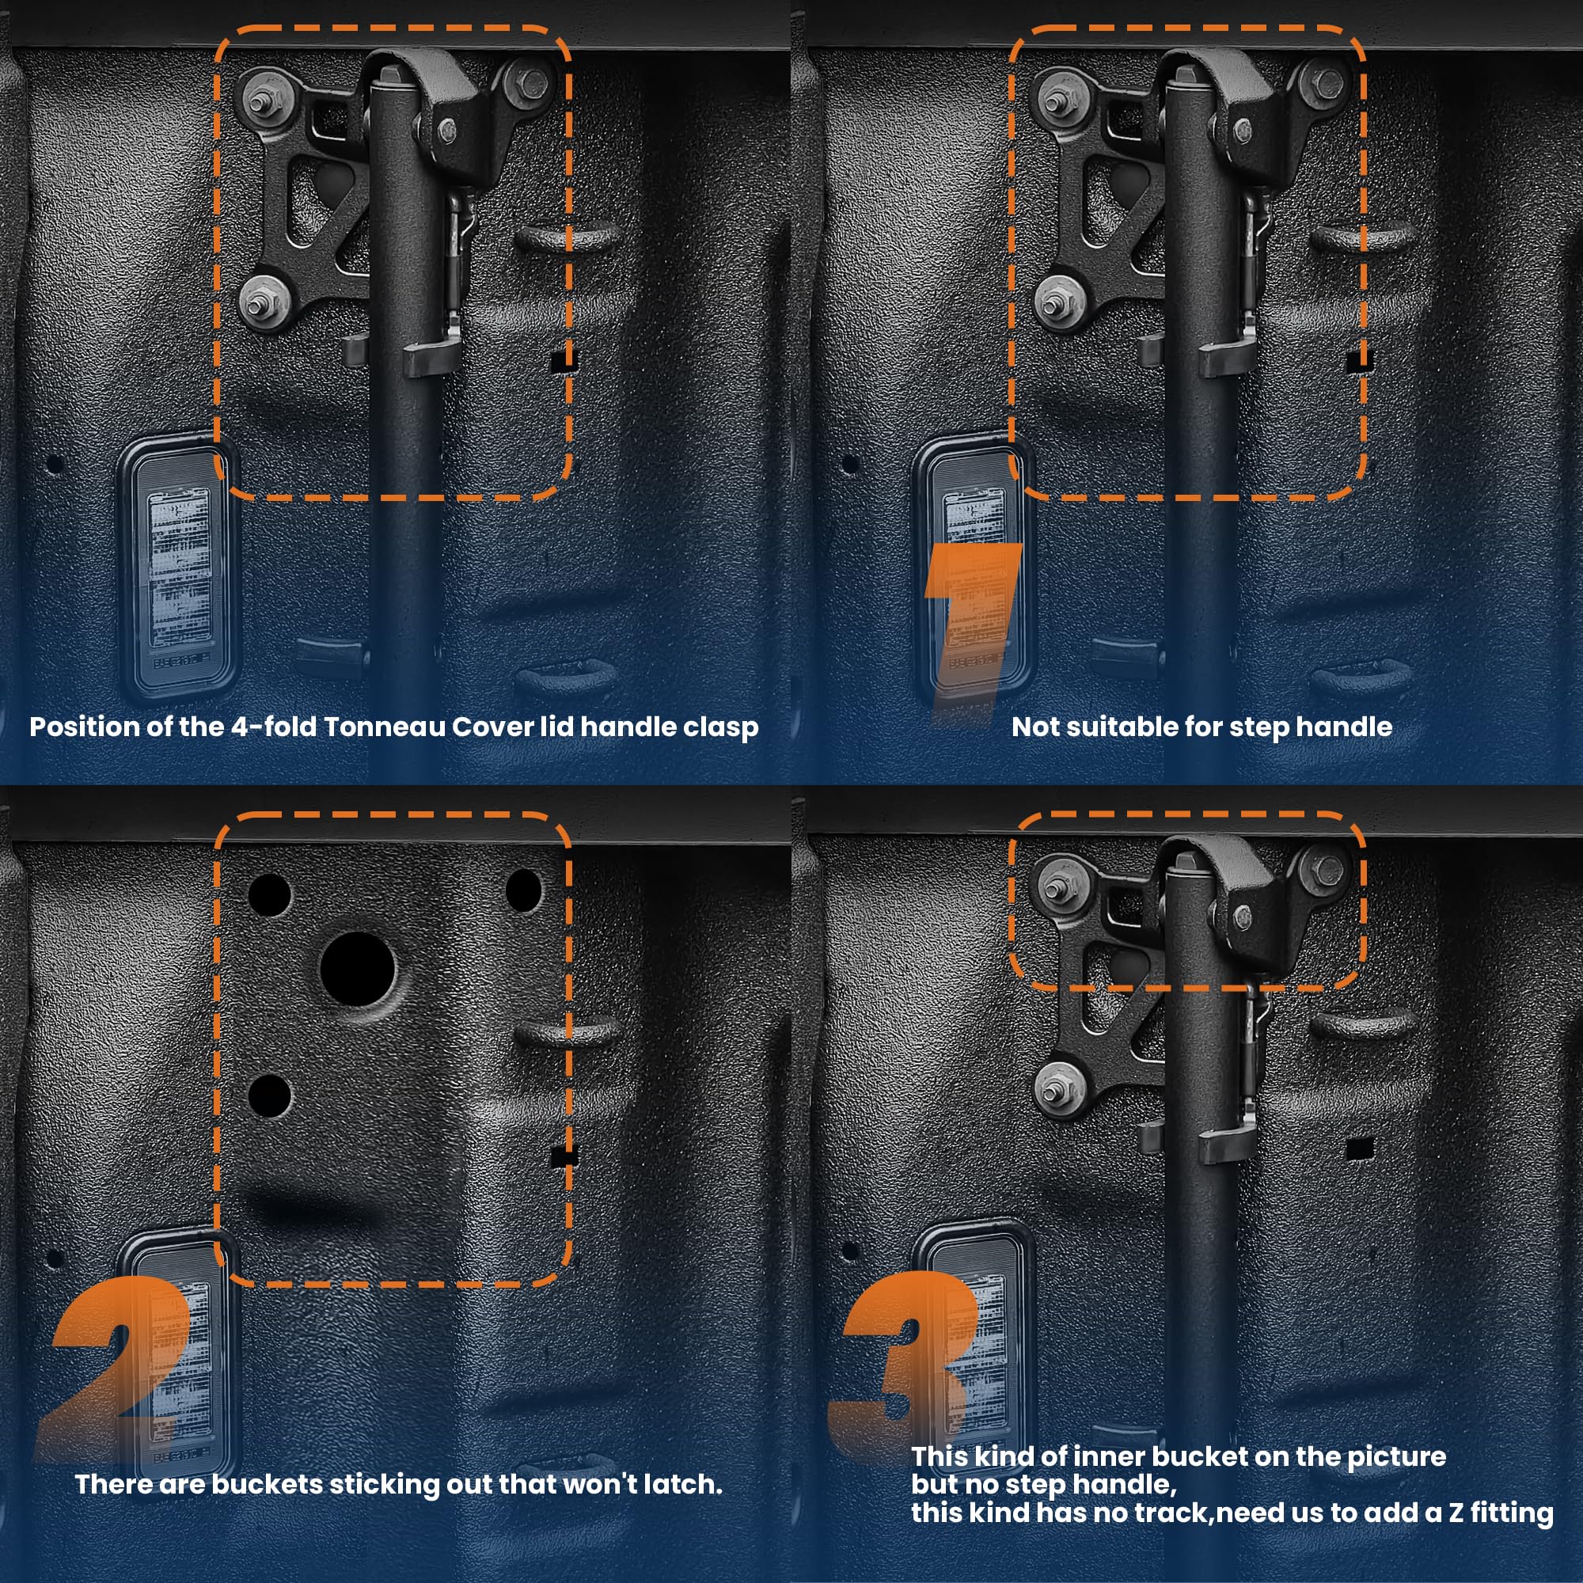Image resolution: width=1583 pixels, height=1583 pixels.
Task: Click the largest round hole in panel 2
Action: (357, 969)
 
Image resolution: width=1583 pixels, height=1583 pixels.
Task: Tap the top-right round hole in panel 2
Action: (523, 890)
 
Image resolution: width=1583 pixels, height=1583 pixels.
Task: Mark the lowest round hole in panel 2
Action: (269, 1096)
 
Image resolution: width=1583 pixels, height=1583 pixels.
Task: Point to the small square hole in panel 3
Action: (1360, 1148)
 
